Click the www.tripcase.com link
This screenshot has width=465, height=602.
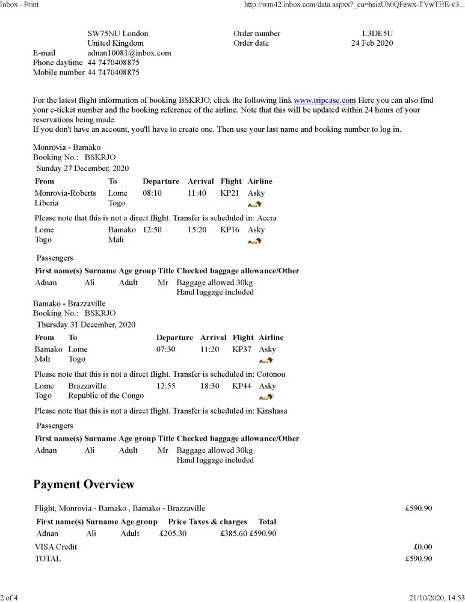pyautogui.click(x=325, y=101)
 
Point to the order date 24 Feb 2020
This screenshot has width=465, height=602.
pyautogui.click(x=372, y=43)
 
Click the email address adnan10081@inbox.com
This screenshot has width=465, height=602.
pyautogui.click(x=129, y=53)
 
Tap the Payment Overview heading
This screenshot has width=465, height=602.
pyautogui.click(x=84, y=485)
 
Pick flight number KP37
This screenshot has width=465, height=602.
pyautogui.click(x=242, y=349)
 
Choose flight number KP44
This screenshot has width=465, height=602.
pyautogui.click(x=242, y=386)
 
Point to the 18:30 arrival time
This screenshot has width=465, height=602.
pyautogui.click(x=210, y=386)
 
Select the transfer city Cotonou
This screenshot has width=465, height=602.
pyautogui.click(x=271, y=374)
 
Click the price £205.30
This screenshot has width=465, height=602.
pyautogui.click(x=173, y=533)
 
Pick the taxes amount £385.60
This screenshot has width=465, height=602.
pyautogui.click(x=233, y=533)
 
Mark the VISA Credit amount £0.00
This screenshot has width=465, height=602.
pyautogui.click(x=423, y=547)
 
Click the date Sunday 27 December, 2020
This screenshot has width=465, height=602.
pyautogui.click(x=83, y=169)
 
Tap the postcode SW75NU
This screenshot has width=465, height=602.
pyautogui.click(x=104, y=34)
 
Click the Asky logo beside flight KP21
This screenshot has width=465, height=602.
pyautogui.click(x=255, y=204)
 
